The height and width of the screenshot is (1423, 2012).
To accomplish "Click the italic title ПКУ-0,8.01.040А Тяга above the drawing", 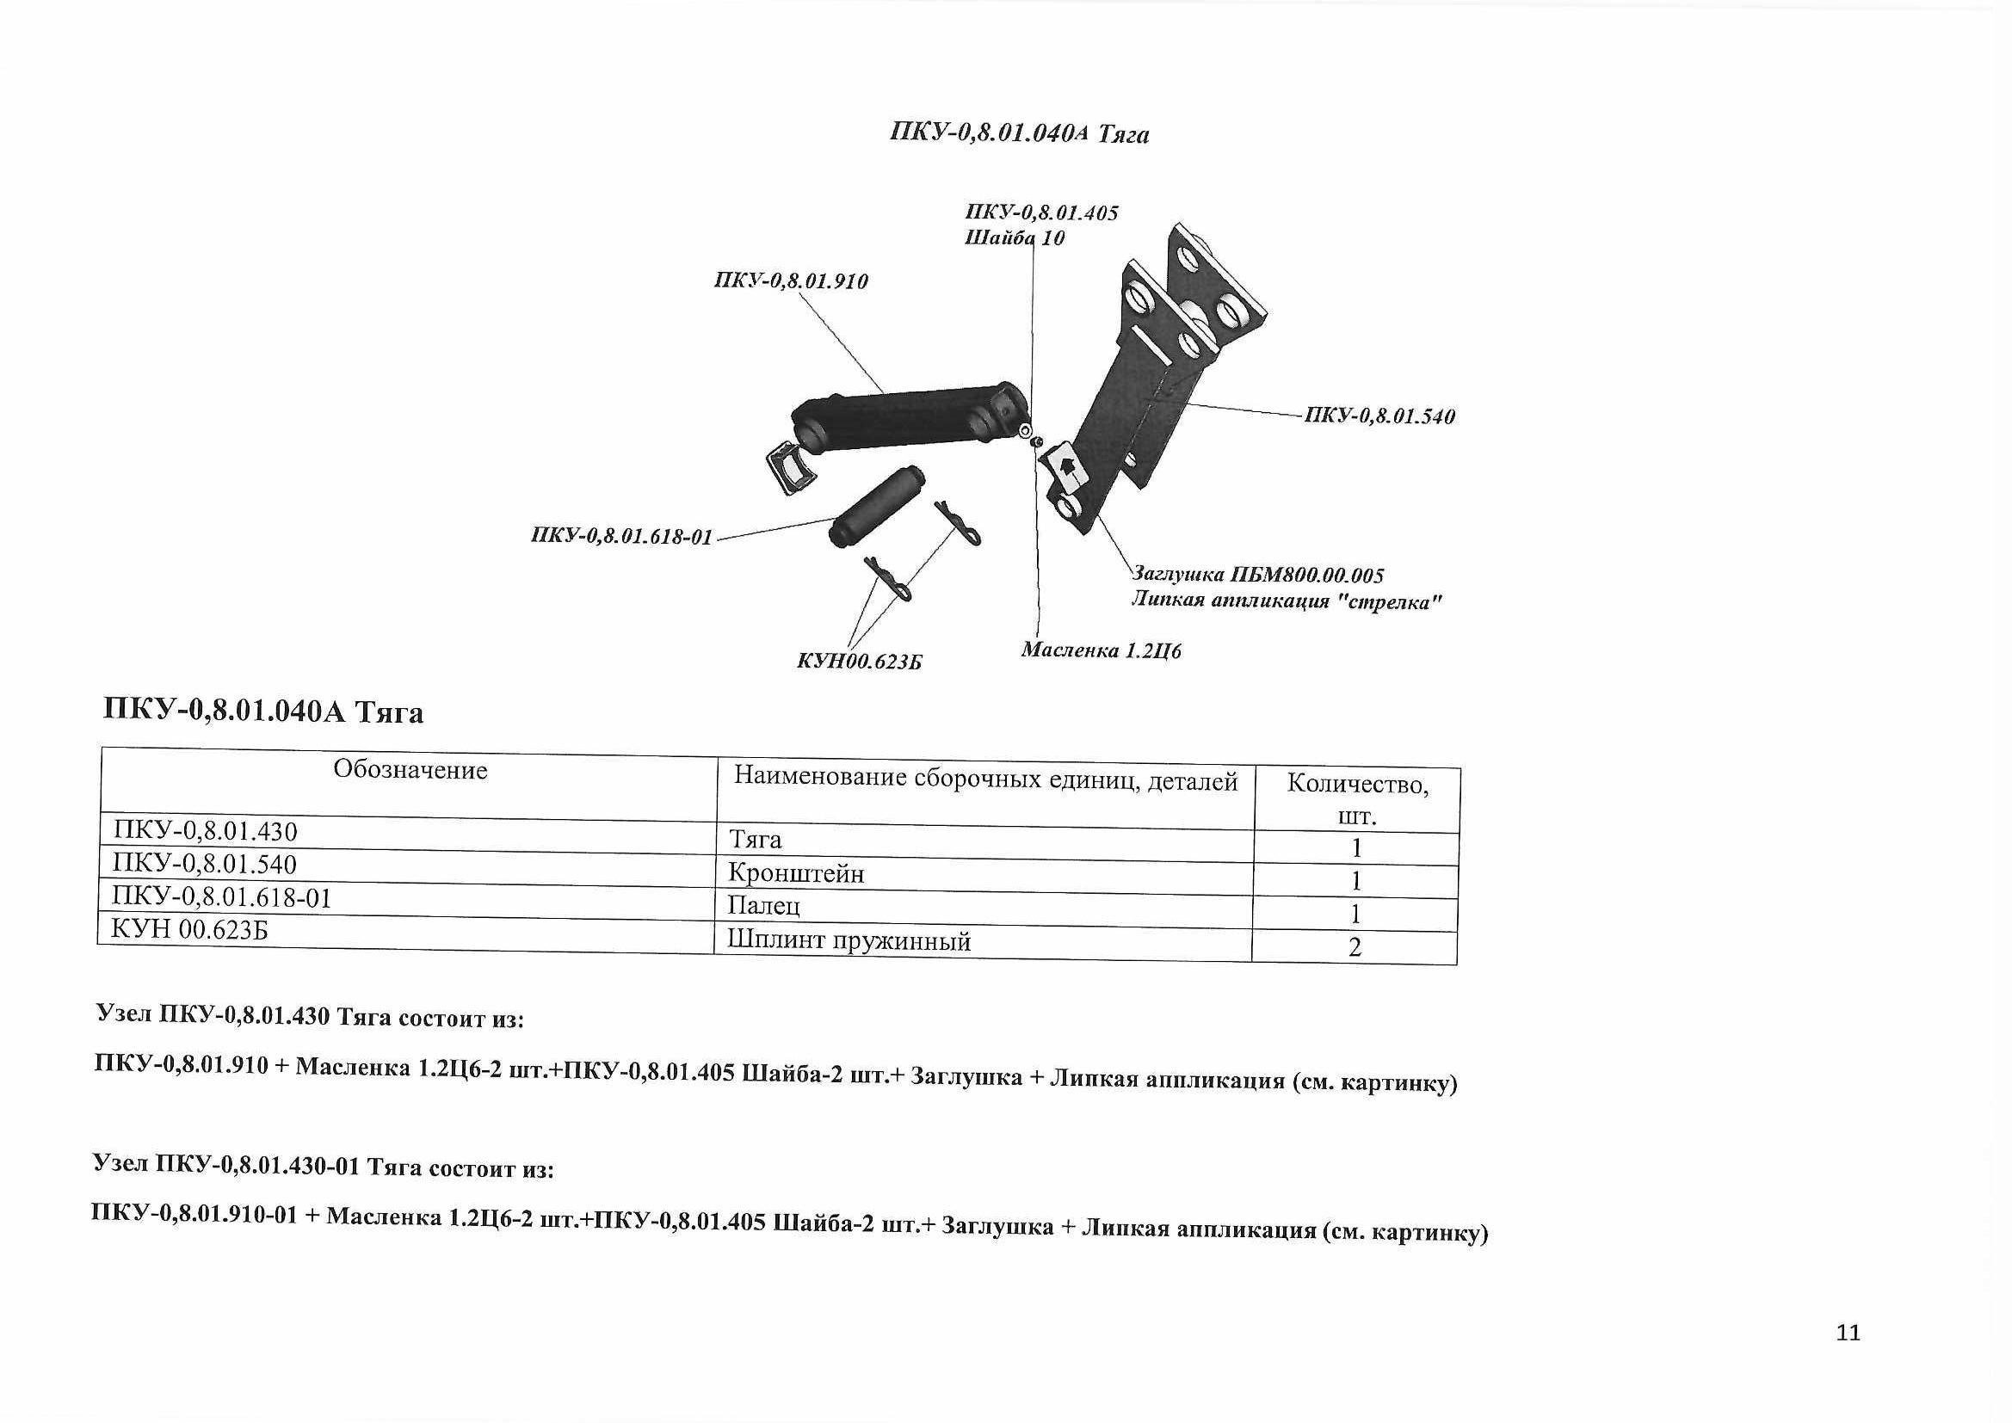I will (x=1018, y=134).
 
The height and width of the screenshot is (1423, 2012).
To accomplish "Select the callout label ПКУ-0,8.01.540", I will (x=1379, y=416).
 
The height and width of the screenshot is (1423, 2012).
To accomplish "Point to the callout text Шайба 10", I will (x=1014, y=238).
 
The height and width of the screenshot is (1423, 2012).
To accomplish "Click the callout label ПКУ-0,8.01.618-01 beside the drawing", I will (x=621, y=537).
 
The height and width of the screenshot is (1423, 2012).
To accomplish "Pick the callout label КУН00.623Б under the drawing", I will (x=859, y=662).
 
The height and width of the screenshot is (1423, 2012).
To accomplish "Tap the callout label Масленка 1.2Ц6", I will (x=1101, y=651).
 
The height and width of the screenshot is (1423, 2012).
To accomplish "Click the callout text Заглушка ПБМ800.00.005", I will (x=1258, y=576).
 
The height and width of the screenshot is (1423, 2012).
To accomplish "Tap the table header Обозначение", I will (x=410, y=770).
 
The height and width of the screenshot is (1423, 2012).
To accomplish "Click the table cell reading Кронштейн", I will (x=796, y=873).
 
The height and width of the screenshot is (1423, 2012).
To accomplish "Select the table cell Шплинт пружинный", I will (x=849, y=941).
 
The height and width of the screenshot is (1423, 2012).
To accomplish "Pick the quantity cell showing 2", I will (x=1355, y=947).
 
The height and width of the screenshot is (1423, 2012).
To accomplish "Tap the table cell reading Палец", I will (x=763, y=906).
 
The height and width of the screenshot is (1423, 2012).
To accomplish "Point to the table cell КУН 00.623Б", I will (x=189, y=929).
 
